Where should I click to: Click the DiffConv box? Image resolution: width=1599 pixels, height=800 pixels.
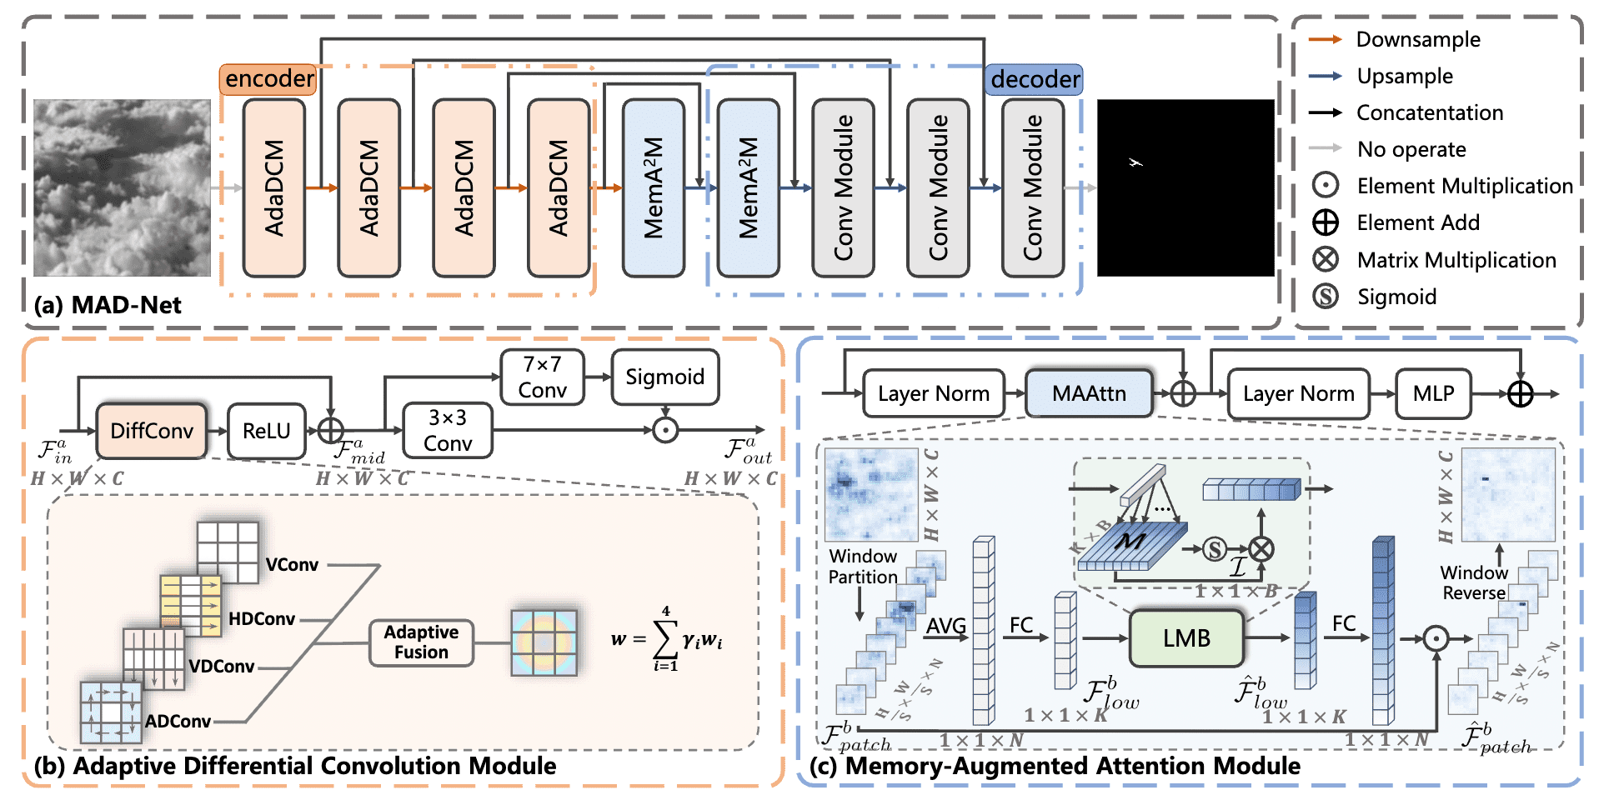(151, 431)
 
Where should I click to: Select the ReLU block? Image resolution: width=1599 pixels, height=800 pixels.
(266, 431)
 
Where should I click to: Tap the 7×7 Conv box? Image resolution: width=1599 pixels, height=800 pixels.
(542, 377)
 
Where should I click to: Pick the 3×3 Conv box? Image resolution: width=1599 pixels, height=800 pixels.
(448, 431)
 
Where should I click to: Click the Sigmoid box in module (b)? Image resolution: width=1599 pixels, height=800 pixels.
(664, 377)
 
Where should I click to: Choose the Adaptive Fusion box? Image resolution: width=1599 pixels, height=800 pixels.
(421, 642)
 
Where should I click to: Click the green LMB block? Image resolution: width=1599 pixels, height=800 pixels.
(1186, 638)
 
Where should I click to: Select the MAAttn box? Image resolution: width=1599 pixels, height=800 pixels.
(1089, 393)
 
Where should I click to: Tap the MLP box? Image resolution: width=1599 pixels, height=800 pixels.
(1433, 393)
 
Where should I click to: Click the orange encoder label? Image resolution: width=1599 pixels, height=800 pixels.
(269, 79)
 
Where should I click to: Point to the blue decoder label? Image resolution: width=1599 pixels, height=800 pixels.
(1035, 80)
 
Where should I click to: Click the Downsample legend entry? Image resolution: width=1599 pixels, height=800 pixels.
(1417, 39)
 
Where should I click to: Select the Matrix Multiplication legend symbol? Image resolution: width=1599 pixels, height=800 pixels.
(1326, 260)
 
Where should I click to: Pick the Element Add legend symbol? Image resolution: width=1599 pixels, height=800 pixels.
(1326, 222)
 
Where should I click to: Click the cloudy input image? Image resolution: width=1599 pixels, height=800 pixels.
(122, 187)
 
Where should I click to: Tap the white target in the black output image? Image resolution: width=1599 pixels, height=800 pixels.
(1135, 162)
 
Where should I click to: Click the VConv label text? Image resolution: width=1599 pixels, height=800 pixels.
(292, 565)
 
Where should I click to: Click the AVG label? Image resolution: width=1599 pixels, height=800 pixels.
(946, 626)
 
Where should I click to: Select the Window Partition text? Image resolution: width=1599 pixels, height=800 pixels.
(863, 567)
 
